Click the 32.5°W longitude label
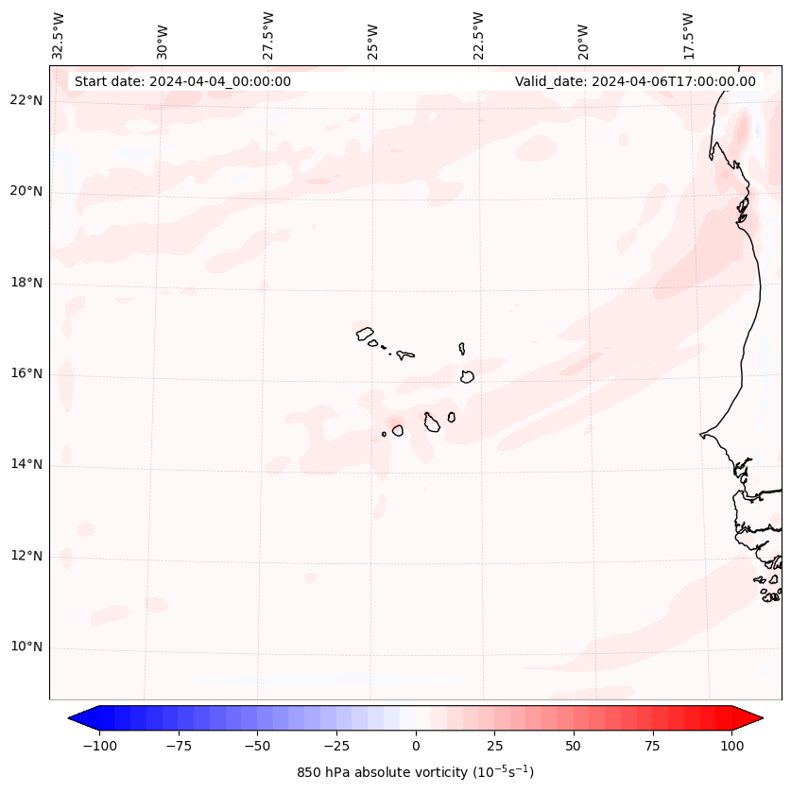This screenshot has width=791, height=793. click(59, 36)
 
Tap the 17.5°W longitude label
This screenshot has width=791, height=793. click(688, 36)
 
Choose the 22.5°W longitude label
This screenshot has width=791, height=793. click(478, 36)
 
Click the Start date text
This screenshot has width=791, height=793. click(182, 81)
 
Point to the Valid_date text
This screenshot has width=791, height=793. click(635, 81)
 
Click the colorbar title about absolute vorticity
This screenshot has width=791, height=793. click(415, 773)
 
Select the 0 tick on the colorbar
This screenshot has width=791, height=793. click(416, 746)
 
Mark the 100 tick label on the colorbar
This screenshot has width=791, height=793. click(731, 746)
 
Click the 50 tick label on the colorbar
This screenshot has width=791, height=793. click(574, 746)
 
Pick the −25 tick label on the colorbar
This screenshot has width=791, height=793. click(336, 746)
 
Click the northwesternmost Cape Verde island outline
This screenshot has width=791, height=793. click(365, 333)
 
